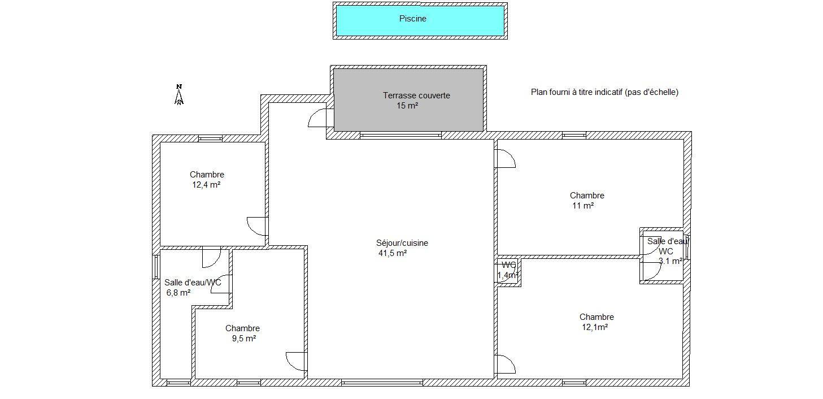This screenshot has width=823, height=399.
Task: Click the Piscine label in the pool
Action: point(412,19)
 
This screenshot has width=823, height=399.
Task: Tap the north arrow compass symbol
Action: point(179,94)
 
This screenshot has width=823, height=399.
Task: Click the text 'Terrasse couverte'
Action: point(416,96)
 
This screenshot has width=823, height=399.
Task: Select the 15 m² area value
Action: point(407,106)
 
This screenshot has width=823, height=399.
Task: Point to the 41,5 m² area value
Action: point(393,253)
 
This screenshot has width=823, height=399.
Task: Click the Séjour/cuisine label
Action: point(402,243)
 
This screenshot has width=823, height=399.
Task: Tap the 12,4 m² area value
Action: point(206,185)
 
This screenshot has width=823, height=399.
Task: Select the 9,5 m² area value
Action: point(243,339)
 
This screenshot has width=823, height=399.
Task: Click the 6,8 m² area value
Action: point(178,293)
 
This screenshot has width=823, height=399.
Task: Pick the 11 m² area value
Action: point(583,206)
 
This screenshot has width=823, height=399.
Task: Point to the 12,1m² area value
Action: point(595,327)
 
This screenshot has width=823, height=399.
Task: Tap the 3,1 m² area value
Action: point(670,261)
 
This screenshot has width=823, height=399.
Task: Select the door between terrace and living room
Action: point(317,118)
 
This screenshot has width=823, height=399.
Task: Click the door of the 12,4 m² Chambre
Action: point(256,227)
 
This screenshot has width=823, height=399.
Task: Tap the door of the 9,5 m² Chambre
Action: point(296,362)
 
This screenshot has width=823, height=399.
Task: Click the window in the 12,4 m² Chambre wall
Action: point(211,138)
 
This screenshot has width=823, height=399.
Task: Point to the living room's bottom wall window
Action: point(382,383)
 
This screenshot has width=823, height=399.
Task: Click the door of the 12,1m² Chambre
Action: point(506,365)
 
